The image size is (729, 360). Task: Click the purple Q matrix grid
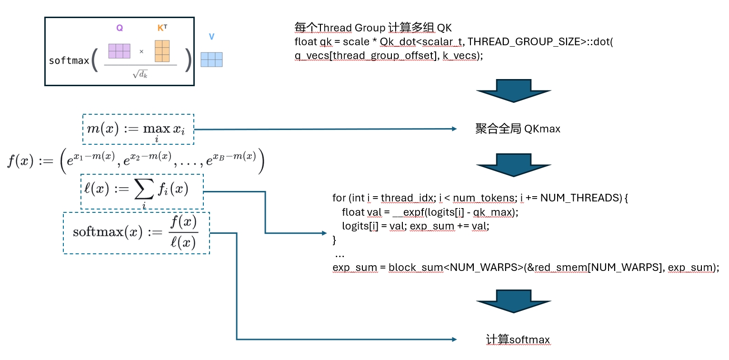pyautogui.click(x=119, y=51)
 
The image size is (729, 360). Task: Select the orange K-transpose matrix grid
pyautogui.click(x=162, y=51)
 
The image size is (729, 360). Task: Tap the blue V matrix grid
pyautogui.click(x=211, y=60)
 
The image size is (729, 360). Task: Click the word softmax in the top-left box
pyautogui.click(x=69, y=61)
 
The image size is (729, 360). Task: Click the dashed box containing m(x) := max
pyautogui.click(x=138, y=129)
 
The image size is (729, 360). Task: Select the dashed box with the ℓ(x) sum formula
pyautogui.click(x=142, y=191)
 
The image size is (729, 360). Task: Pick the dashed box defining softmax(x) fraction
pyautogui.click(x=136, y=233)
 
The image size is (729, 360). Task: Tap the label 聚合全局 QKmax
pyautogui.click(x=518, y=129)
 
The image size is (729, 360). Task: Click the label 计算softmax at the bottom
pyautogui.click(x=518, y=340)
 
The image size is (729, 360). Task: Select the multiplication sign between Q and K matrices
pyautogui.click(x=141, y=51)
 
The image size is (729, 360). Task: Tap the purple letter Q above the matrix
pyautogui.click(x=120, y=28)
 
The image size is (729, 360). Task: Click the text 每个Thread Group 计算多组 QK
pyautogui.click(x=376, y=27)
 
